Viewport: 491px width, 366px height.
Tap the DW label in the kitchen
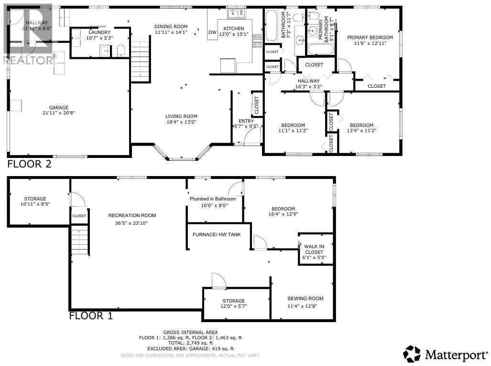pyautogui.click(x=212, y=32)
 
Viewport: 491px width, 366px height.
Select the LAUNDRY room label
pyautogui.click(x=98, y=32)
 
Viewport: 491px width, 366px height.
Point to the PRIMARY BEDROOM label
pyautogui.click(x=370, y=37)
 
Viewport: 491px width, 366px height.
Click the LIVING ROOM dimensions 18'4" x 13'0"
pyautogui.click(x=181, y=122)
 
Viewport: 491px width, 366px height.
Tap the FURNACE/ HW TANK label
pyautogui.click(x=217, y=235)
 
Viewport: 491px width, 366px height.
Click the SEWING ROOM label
pyautogui.click(x=302, y=298)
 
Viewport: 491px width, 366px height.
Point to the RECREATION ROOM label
pyautogui.click(x=132, y=215)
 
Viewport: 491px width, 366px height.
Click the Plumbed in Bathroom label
pyautogui.click(x=213, y=199)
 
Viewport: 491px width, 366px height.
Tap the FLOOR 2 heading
pyautogui.click(x=29, y=164)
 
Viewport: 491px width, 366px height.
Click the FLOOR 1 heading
pyautogui.click(x=91, y=315)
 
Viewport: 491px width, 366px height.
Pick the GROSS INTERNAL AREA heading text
pyautogui.click(x=190, y=332)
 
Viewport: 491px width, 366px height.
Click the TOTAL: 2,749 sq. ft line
pyautogui.click(x=190, y=343)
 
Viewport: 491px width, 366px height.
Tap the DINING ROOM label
pyautogui.click(x=171, y=26)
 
